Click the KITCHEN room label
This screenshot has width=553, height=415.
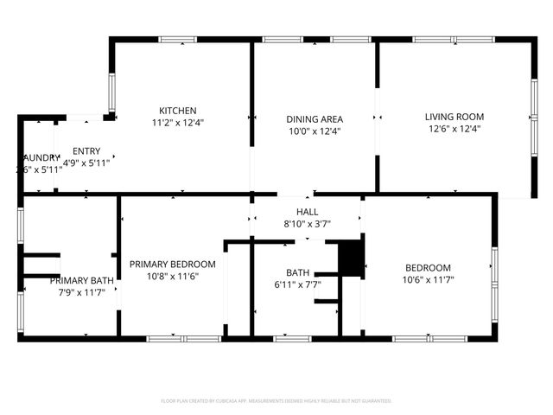click(178, 111)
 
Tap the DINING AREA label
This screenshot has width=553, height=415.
click(315, 119)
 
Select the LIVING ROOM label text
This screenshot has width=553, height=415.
click(454, 117)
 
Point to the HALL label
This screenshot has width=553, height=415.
click(308, 212)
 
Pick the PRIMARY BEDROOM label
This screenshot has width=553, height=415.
click(173, 264)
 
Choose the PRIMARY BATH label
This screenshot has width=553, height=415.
click(81, 280)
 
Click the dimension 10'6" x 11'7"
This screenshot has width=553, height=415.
click(429, 279)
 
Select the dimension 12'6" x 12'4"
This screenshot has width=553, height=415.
click(454, 129)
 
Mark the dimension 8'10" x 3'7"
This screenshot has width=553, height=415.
click(308, 224)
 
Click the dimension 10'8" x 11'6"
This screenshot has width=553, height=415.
click(173, 276)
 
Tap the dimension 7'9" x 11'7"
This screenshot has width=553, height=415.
click(81, 292)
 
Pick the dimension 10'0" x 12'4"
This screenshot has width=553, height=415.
click(315, 131)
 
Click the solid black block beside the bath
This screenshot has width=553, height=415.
click(349, 258)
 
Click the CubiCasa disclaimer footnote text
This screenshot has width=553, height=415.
click(276, 401)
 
